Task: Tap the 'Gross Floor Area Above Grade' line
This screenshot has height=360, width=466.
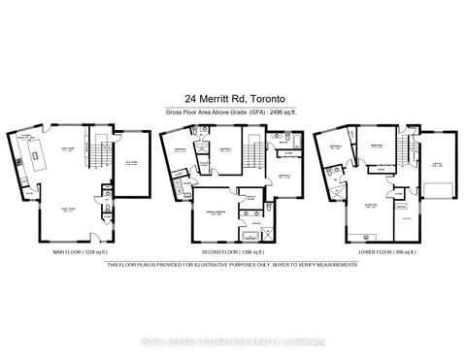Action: coord(233,114)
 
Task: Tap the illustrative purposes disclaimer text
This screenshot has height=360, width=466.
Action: coord(233,263)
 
